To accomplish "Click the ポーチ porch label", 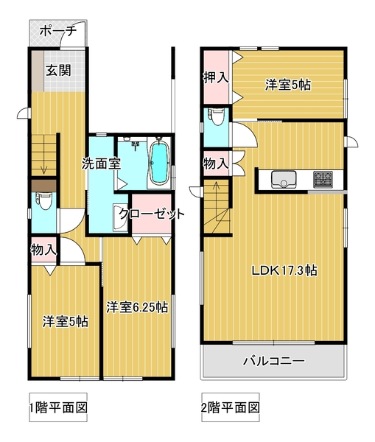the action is (58, 31).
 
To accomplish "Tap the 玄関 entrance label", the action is (59, 70).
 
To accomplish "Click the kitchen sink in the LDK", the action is (284, 180).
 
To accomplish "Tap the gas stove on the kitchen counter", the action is (323, 179).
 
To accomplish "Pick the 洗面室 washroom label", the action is (102, 164).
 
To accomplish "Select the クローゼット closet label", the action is (152, 214).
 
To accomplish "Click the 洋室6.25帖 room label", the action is (137, 307).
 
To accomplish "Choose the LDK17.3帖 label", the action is (284, 270).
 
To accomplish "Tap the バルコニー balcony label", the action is (274, 361).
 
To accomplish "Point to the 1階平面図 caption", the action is (58, 407).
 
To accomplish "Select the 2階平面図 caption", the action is (231, 407).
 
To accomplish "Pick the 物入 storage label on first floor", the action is (43, 250).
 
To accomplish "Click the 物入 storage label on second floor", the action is (217, 164).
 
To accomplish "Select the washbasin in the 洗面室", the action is (120, 218).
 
